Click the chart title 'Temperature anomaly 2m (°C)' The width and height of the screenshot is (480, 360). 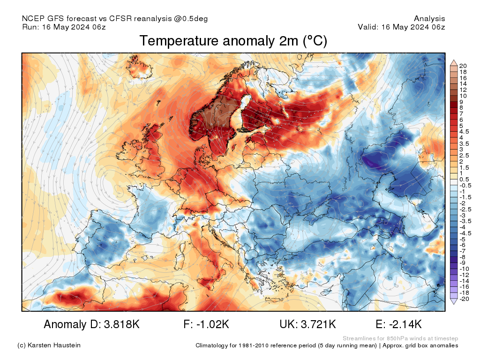(x=233, y=41)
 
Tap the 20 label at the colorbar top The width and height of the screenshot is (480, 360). (x=463, y=66)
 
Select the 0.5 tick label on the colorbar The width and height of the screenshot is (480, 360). (x=465, y=179)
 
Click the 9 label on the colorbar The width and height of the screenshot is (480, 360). (x=461, y=102)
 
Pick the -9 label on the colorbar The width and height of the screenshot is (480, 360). (x=463, y=262)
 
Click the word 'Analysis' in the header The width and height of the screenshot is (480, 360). (x=429, y=19)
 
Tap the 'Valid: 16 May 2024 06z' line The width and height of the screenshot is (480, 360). (x=401, y=27)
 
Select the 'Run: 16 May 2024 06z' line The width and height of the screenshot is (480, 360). (x=64, y=27)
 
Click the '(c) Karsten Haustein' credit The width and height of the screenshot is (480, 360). (x=49, y=345)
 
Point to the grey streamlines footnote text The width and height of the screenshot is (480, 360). (x=400, y=338)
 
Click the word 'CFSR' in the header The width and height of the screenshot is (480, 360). (x=121, y=19)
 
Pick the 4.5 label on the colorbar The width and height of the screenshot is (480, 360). (x=465, y=132)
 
